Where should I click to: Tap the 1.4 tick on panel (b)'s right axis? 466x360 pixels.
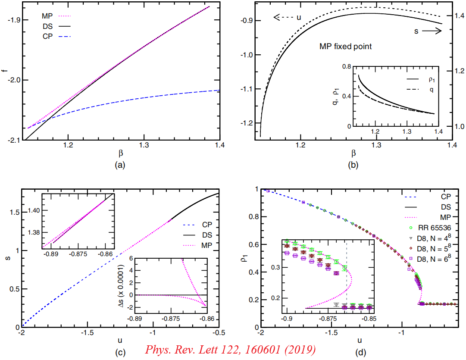[458, 16]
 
